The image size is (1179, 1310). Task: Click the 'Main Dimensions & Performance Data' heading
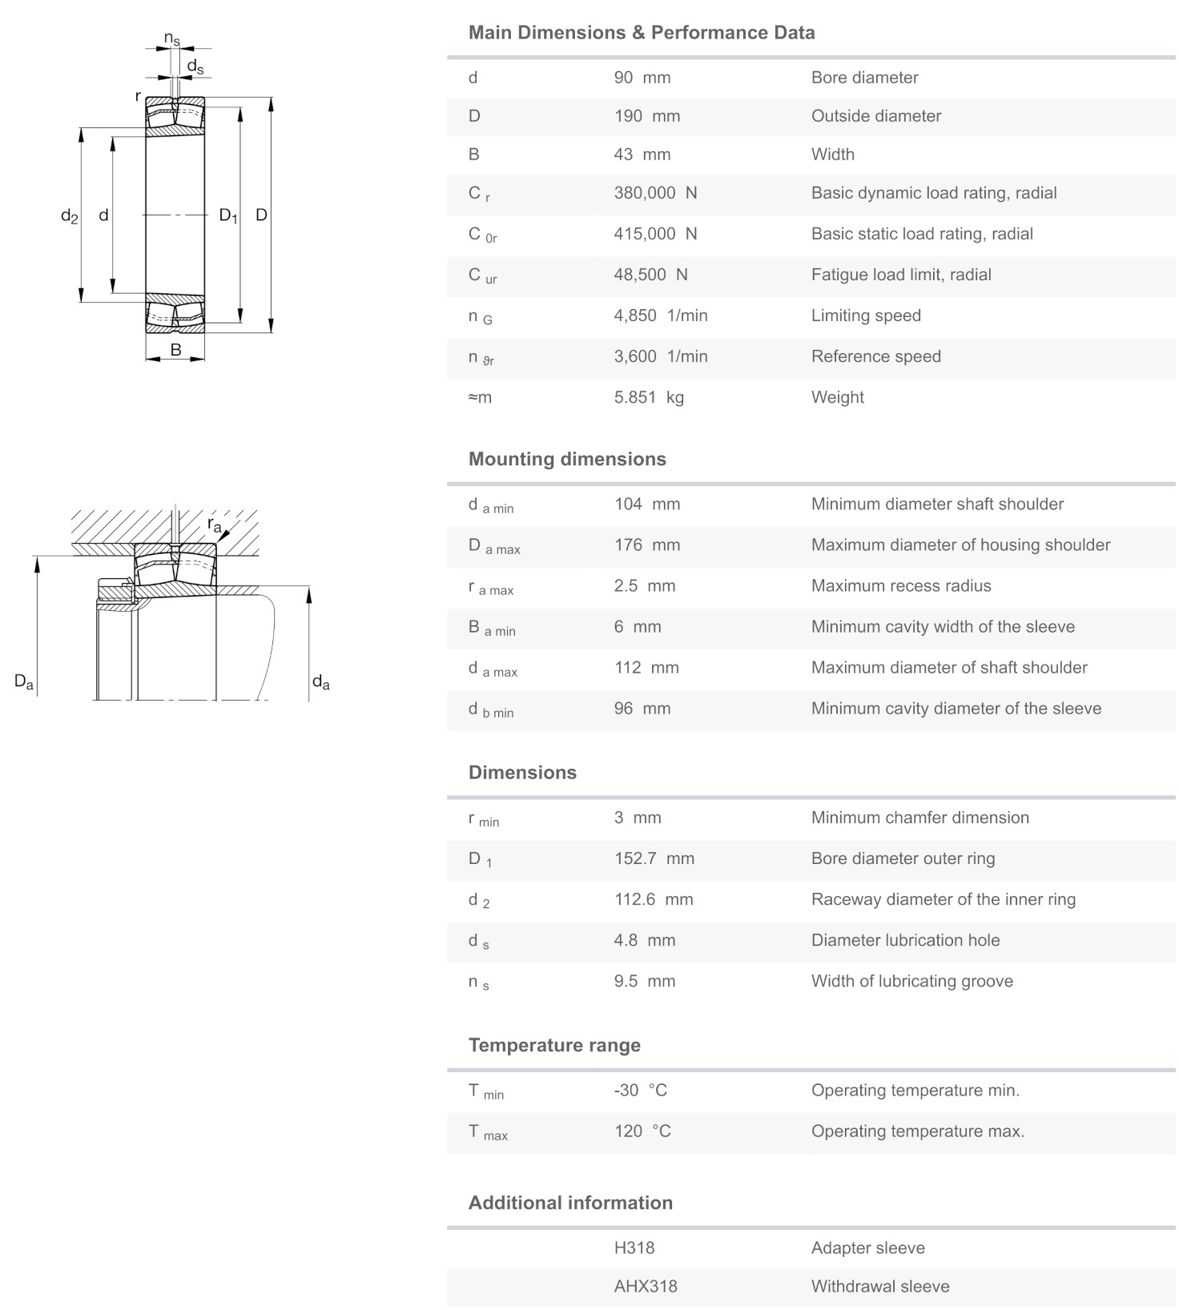[641, 33]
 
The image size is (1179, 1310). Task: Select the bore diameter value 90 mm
[642, 78]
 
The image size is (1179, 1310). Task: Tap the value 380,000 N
[655, 193]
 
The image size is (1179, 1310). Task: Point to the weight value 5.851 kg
[649, 397]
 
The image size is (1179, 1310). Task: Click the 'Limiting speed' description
[866, 315]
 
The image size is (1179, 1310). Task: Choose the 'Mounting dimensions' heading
[567, 459]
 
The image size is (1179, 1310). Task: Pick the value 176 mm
[646, 545]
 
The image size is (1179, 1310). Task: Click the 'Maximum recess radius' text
[901, 586]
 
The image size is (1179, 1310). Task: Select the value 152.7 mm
[654, 858]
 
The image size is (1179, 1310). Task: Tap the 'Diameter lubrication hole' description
[905, 940]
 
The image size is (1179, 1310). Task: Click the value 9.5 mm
[644, 981]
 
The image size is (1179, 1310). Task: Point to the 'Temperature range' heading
[554, 1045]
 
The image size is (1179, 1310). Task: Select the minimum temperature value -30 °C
[640, 1091]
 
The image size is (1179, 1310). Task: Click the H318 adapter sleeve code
[634, 1248]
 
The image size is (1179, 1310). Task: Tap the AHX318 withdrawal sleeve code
[645, 1287]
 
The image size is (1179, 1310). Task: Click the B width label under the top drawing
[175, 350]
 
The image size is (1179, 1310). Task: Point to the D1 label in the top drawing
[228, 215]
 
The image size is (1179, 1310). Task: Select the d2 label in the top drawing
[70, 216]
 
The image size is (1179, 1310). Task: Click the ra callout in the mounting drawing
[214, 525]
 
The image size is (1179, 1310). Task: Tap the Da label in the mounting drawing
[24, 682]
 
